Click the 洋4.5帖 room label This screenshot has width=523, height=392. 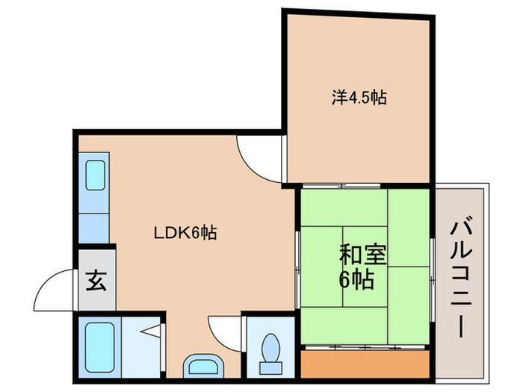click(359, 97)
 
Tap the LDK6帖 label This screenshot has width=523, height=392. click(185, 232)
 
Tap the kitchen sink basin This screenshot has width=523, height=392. click(94, 176)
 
